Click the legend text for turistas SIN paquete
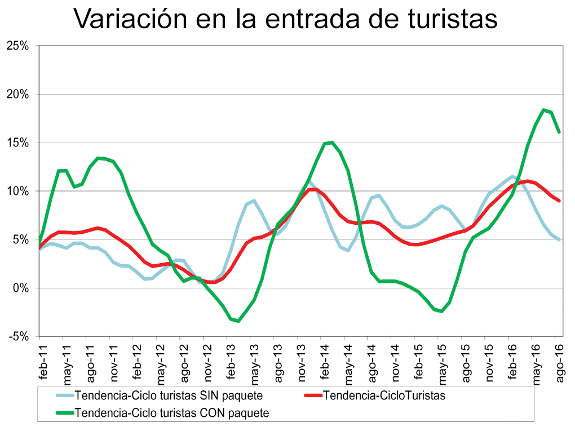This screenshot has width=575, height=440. tap(169, 395)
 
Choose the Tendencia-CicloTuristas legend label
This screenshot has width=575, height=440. tap(385, 395)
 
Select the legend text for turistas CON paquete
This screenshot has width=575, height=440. tap(171, 413)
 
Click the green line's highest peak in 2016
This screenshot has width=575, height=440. tap(543, 110)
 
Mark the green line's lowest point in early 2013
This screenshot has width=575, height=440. tap(238, 321)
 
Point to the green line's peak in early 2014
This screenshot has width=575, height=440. tap(332, 142)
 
